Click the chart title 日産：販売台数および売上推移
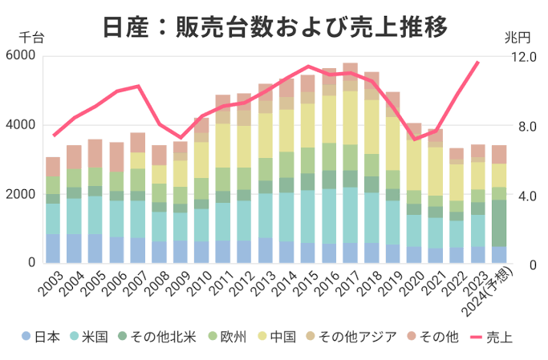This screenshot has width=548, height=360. point(274,27)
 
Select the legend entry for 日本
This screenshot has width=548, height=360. point(42,337)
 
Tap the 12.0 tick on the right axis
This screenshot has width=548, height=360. point(524,57)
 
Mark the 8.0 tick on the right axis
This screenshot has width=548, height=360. point(524,126)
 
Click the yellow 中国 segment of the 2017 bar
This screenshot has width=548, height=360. point(350,117)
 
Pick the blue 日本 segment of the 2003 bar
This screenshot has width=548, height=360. point(53,248)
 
